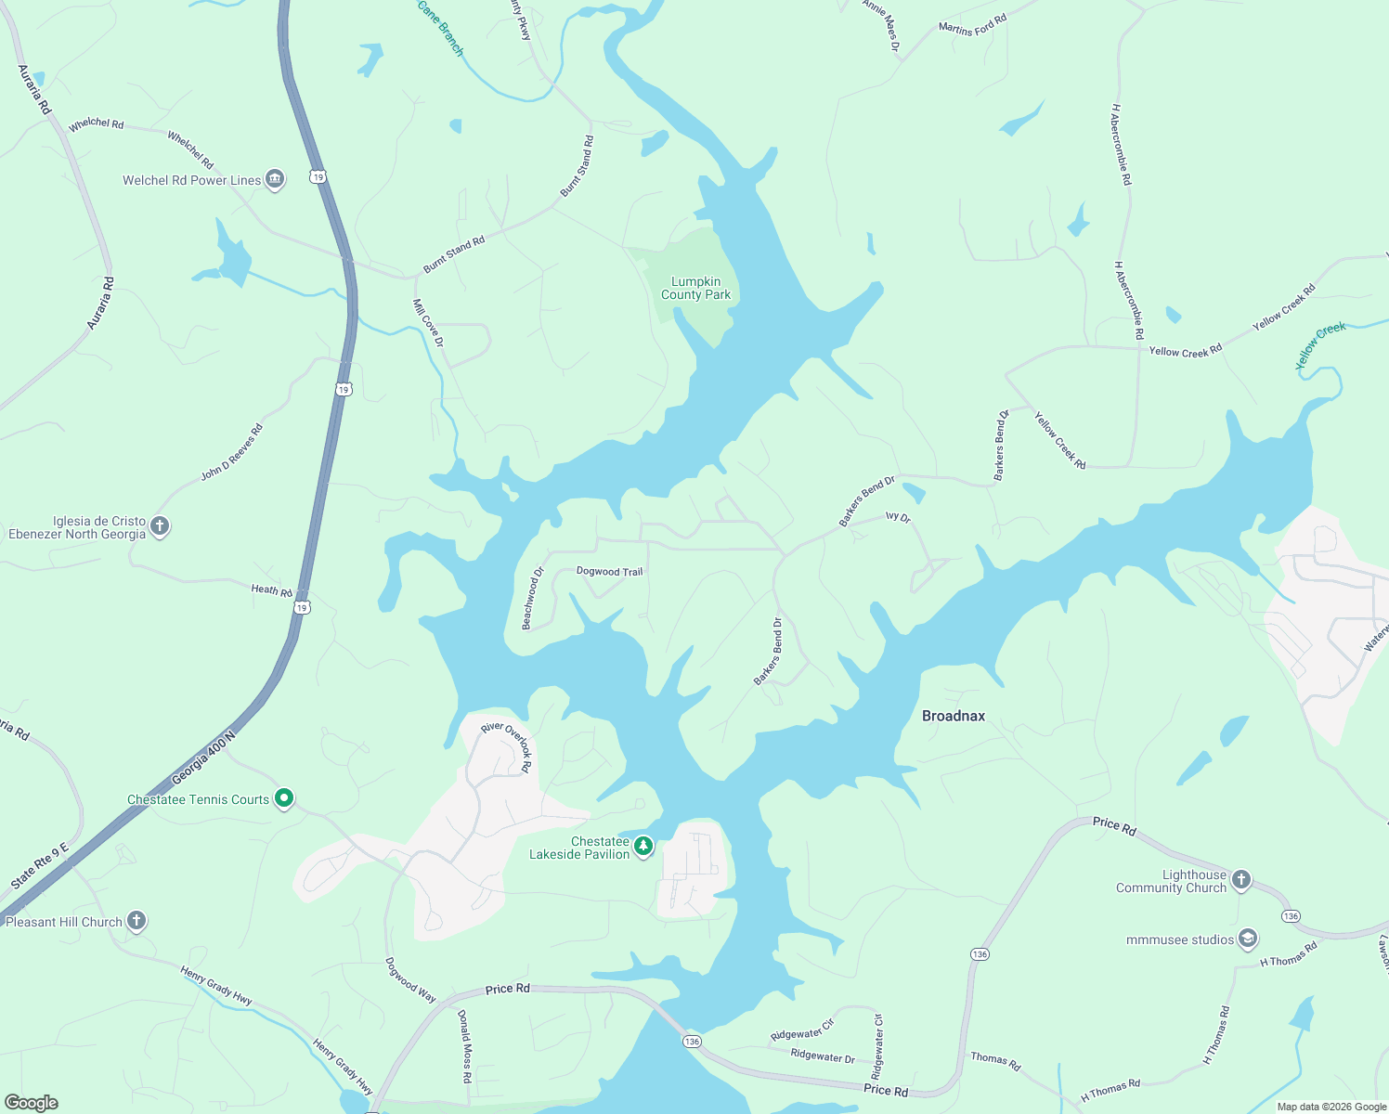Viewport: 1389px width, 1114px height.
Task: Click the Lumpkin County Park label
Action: (x=695, y=288)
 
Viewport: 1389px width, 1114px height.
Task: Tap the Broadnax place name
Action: (x=953, y=716)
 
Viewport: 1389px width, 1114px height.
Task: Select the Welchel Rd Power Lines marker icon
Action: (x=274, y=179)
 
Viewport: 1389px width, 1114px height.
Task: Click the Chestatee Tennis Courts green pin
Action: (x=285, y=798)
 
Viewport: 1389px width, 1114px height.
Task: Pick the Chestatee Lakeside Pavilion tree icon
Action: (x=643, y=847)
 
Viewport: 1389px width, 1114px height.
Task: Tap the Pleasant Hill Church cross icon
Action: (x=136, y=921)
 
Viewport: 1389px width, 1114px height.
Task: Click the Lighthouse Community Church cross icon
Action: (x=1241, y=880)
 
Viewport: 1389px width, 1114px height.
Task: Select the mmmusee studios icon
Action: (x=1248, y=939)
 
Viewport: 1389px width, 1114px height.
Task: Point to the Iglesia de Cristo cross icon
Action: (x=160, y=526)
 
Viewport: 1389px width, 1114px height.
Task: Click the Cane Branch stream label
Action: (x=440, y=28)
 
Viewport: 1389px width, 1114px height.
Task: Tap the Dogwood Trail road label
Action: (x=609, y=572)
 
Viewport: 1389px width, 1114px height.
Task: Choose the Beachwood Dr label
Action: (x=532, y=599)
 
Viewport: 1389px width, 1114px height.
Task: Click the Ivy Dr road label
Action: (x=898, y=517)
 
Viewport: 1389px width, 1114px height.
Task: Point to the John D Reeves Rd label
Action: (x=232, y=452)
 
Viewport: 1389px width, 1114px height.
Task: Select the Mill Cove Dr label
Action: (x=428, y=323)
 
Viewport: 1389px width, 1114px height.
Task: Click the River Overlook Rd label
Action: (x=507, y=745)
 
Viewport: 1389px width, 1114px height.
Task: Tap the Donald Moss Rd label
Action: (x=465, y=1046)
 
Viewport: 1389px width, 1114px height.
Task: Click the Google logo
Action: (x=32, y=1102)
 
